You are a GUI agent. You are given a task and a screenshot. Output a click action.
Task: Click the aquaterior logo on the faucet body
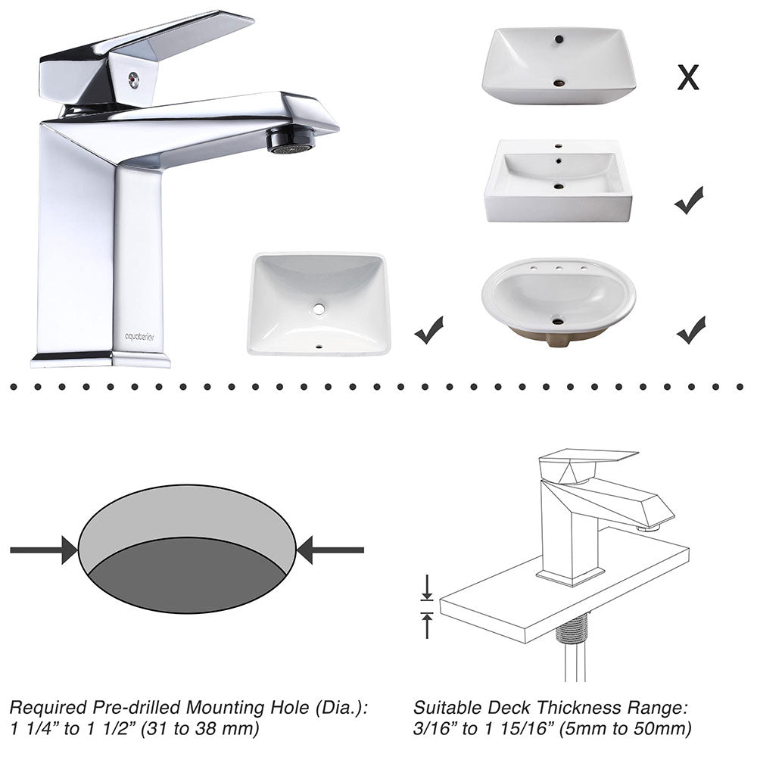[x=139, y=337]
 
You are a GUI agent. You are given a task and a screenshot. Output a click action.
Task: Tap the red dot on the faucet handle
[x=134, y=79]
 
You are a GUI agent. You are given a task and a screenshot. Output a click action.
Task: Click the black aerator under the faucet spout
[x=291, y=139]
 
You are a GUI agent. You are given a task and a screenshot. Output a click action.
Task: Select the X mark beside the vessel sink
[x=688, y=77]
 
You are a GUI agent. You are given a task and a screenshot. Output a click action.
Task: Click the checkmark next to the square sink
[x=689, y=200]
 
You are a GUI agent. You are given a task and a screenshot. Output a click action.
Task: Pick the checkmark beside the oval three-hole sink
[x=691, y=330]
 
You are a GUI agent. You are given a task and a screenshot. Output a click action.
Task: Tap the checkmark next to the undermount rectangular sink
[x=428, y=330]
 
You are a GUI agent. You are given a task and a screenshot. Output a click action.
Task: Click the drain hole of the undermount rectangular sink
[x=318, y=309]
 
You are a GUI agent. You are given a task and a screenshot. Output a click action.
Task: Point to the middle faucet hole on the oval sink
[x=559, y=268]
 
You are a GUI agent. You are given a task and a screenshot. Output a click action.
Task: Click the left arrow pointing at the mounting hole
[x=44, y=550]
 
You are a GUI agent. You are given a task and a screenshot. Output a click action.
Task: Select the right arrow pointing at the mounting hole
[x=330, y=550]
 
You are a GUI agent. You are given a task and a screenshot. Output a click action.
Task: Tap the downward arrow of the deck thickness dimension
[x=427, y=587]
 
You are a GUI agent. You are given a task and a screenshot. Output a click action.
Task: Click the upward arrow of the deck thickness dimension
[x=427, y=625]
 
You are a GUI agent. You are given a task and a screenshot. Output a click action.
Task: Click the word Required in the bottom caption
[x=48, y=708]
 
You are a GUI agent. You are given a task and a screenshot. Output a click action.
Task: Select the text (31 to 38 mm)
[x=200, y=728]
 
